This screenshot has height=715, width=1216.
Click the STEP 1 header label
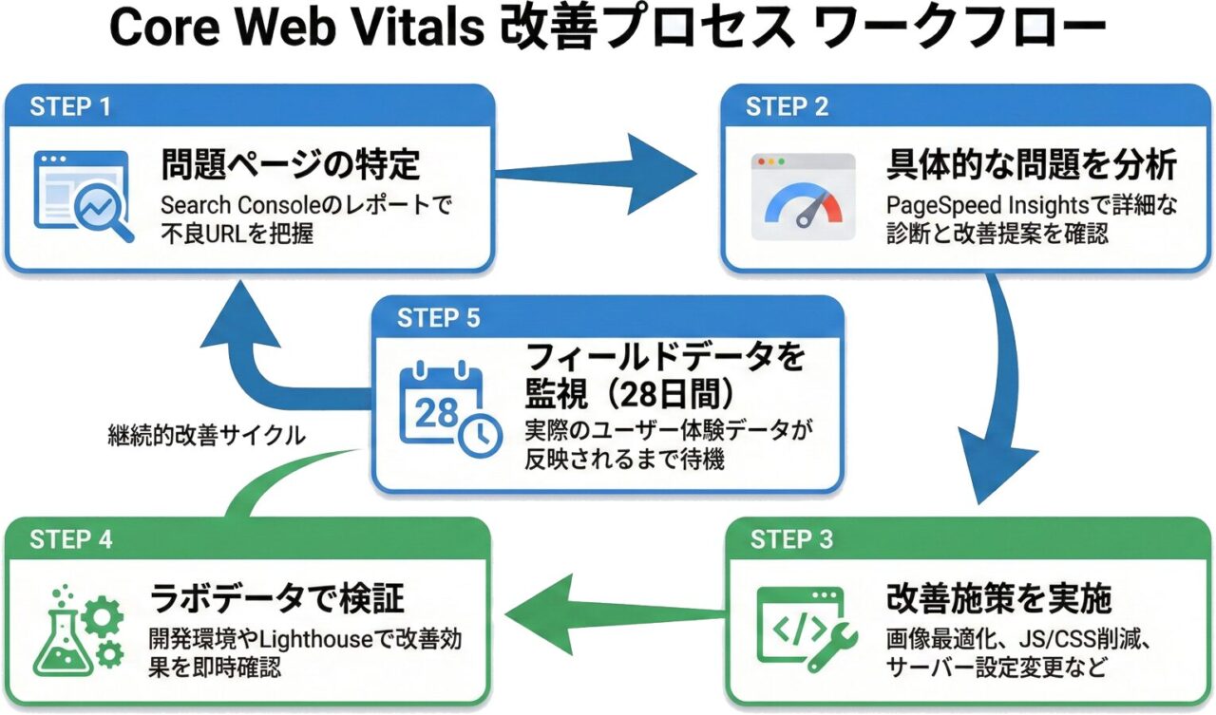[x=70, y=106]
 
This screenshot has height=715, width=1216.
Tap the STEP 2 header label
[x=787, y=106]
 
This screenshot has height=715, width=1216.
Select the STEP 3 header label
[x=791, y=539]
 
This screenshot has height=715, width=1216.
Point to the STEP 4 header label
[x=71, y=539]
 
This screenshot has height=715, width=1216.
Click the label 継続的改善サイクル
[x=206, y=436]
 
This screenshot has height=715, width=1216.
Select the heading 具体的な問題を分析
[x=1031, y=164]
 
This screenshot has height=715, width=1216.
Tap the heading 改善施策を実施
[x=998, y=598]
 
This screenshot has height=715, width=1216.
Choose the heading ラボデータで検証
[x=277, y=598]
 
